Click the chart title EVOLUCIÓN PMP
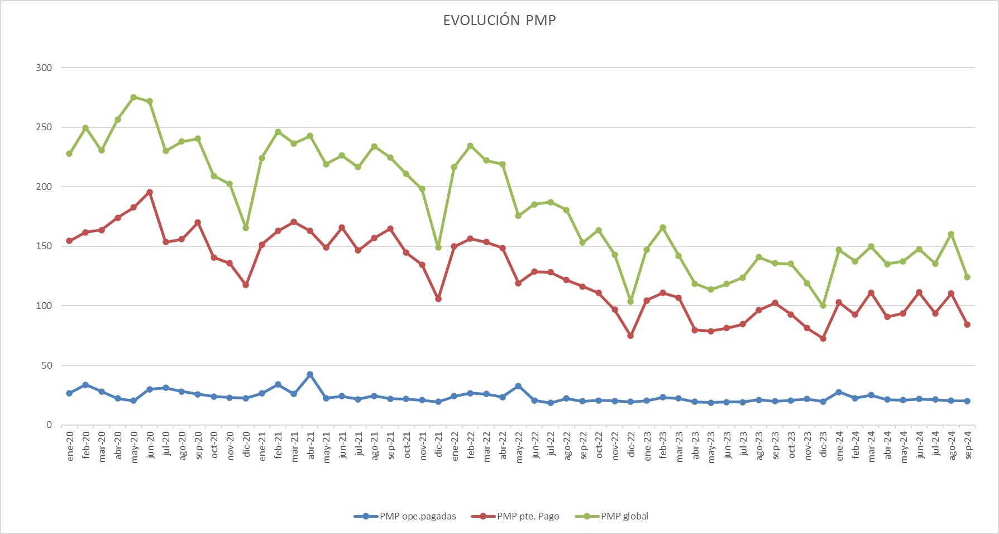pyautogui.click(x=499, y=21)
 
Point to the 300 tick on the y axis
pyautogui.click(x=44, y=68)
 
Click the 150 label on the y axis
pyautogui.click(x=44, y=246)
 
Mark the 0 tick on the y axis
pyautogui.click(x=49, y=425)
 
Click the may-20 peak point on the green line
pyautogui.click(x=133, y=97)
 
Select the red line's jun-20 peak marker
pyautogui.click(x=150, y=192)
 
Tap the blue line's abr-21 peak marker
pyautogui.click(x=310, y=374)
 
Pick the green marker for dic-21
pyautogui.click(x=438, y=247)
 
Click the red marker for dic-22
pyautogui.click(x=630, y=336)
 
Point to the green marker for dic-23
pyautogui.click(x=823, y=306)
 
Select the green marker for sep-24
pyautogui.click(x=967, y=277)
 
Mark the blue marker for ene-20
pyautogui.click(x=69, y=393)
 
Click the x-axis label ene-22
pyautogui.click(x=455, y=445)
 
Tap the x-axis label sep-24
pyautogui.click(x=968, y=445)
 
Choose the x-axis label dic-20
pyautogui.click(x=246, y=445)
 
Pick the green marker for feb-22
pyautogui.click(x=470, y=146)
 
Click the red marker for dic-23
pyautogui.click(x=823, y=338)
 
